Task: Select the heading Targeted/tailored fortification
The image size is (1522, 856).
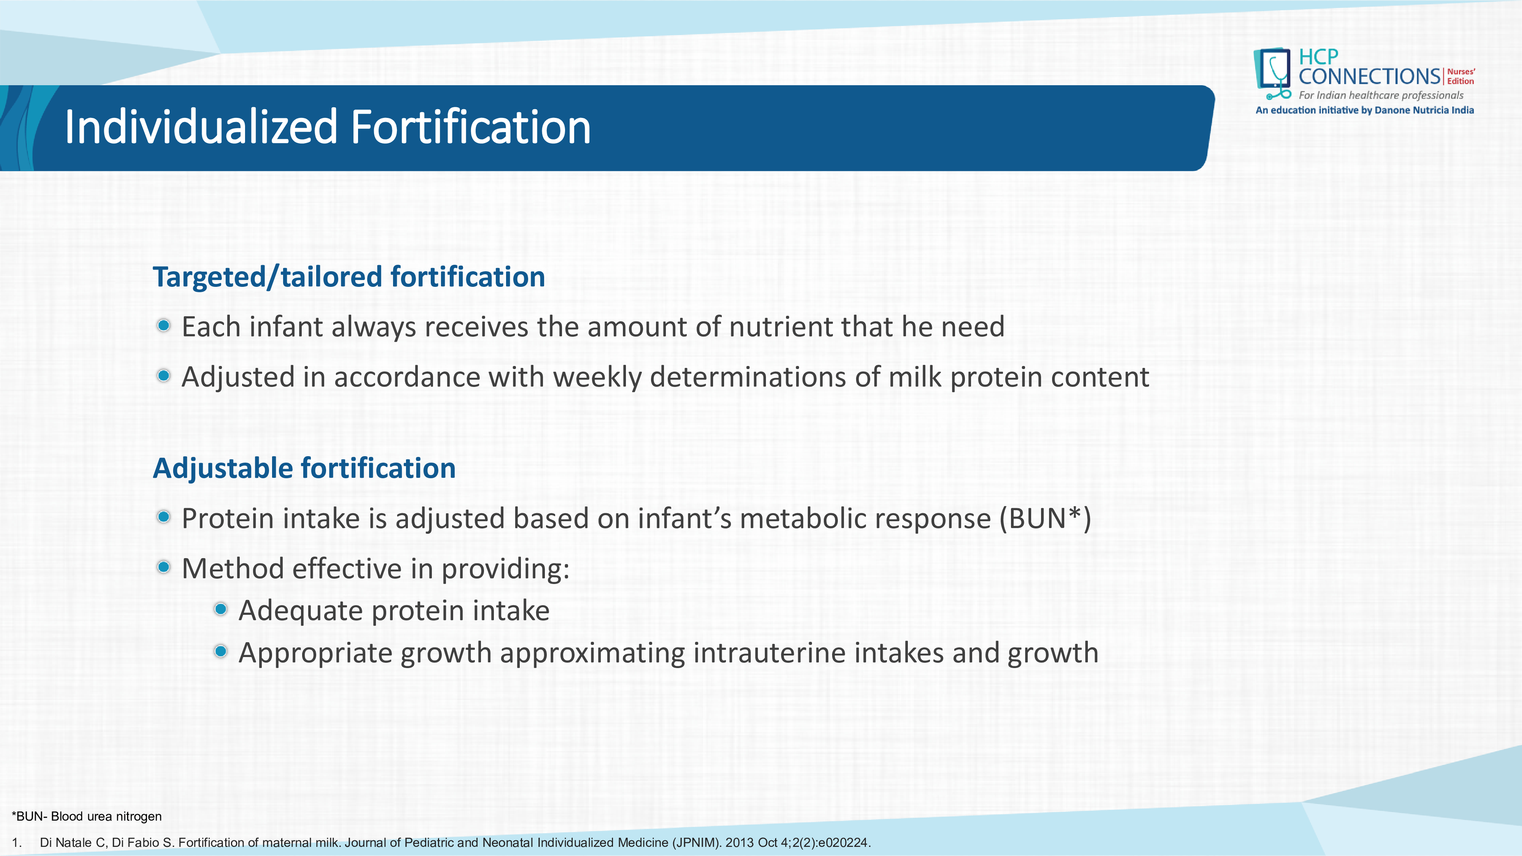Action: (x=349, y=277)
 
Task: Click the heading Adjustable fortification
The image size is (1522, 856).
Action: (x=304, y=468)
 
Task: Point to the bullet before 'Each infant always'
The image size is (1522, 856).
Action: (x=164, y=326)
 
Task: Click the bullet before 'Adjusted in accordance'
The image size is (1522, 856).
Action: (x=164, y=376)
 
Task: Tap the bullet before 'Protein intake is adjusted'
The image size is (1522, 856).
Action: (x=164, y=517)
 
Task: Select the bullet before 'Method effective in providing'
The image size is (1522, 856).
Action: (x=164, y=568)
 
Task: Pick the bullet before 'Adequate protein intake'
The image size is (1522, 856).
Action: (x=220, y=609)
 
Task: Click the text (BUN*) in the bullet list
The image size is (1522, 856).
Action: (x=1044, y=519)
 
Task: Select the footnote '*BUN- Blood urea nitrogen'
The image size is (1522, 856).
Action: (x=87, y=816)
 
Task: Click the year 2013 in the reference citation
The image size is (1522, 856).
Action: (x=740, y=842)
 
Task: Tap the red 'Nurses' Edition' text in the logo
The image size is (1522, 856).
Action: (x=1461, y=76)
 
